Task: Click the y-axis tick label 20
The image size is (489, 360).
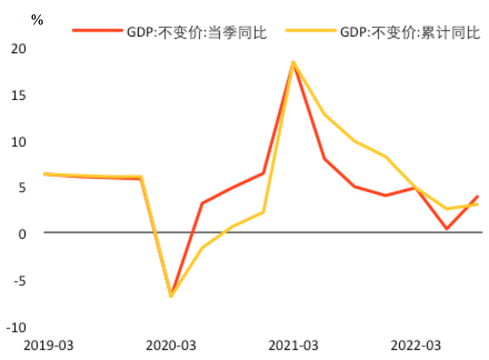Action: pyautogui.click(x=19, y=49)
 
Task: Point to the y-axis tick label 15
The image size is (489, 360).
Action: pyautogui.click(x=19, y=96)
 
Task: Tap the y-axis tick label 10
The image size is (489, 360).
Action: pyautogui.click(x=19, y=142)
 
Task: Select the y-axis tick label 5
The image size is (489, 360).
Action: pyautogui.click(x=22, y=188)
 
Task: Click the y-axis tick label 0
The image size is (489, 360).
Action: pyautogui.click(x=22, y=234)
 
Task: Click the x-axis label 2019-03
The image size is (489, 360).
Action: pyautogui.click(x=49, y=346)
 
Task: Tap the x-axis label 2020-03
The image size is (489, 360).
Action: pyautogui.click(x=171, y=346)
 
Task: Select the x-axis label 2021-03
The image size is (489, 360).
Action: pyautogui.click(x=293, y=346)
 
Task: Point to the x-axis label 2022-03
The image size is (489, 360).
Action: pyautogui.click(x=416, y=346)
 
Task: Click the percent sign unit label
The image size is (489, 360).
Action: pyautogui.click(x=37, y=21)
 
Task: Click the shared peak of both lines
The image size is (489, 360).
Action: pyautogui.click(x=293, y=62)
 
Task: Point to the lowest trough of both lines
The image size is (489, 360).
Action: pyautogui.click(x=171, y=296)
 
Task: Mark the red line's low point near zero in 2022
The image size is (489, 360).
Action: pyautogui.click(x=447, y=228)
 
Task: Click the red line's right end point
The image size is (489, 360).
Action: pyautogui.click(x=477, y=197)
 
